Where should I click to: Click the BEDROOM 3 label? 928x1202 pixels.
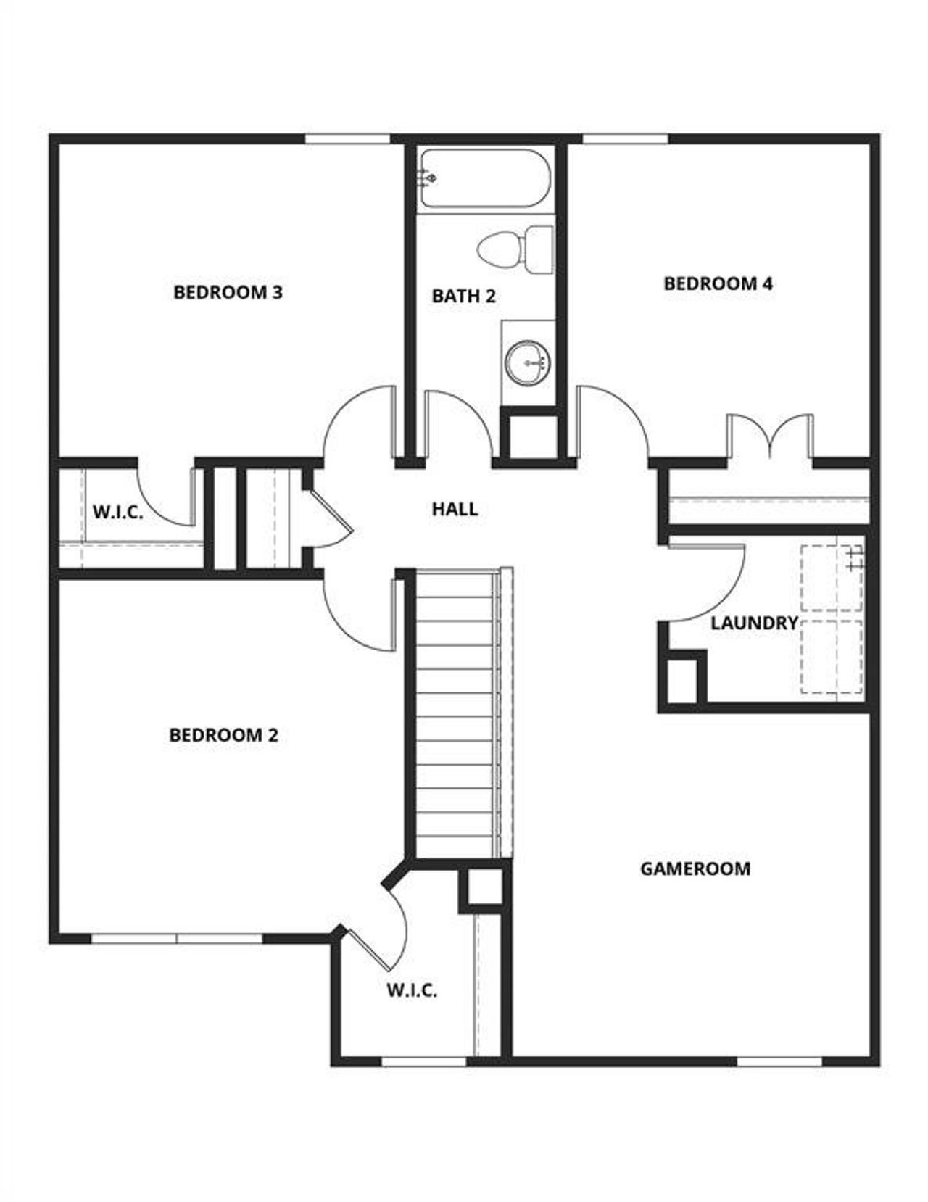228,292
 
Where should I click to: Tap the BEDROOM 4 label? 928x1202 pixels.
718,283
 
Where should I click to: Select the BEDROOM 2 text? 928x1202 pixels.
223,735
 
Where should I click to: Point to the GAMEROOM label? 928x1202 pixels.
695,869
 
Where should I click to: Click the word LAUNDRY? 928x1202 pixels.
754,623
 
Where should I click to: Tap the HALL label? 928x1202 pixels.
455,509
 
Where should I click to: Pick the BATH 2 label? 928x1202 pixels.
464,296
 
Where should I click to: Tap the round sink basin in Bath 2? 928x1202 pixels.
528,362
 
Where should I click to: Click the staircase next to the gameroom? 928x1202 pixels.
458,714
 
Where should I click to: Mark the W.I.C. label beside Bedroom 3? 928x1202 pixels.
117,512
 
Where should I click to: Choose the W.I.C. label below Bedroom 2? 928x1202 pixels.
411,990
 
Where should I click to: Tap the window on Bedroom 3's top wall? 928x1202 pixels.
347,138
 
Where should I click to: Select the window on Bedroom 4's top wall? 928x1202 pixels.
625,138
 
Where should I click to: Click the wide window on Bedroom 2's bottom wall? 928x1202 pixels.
177,939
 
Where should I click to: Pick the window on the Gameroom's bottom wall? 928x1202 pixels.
779,1062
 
